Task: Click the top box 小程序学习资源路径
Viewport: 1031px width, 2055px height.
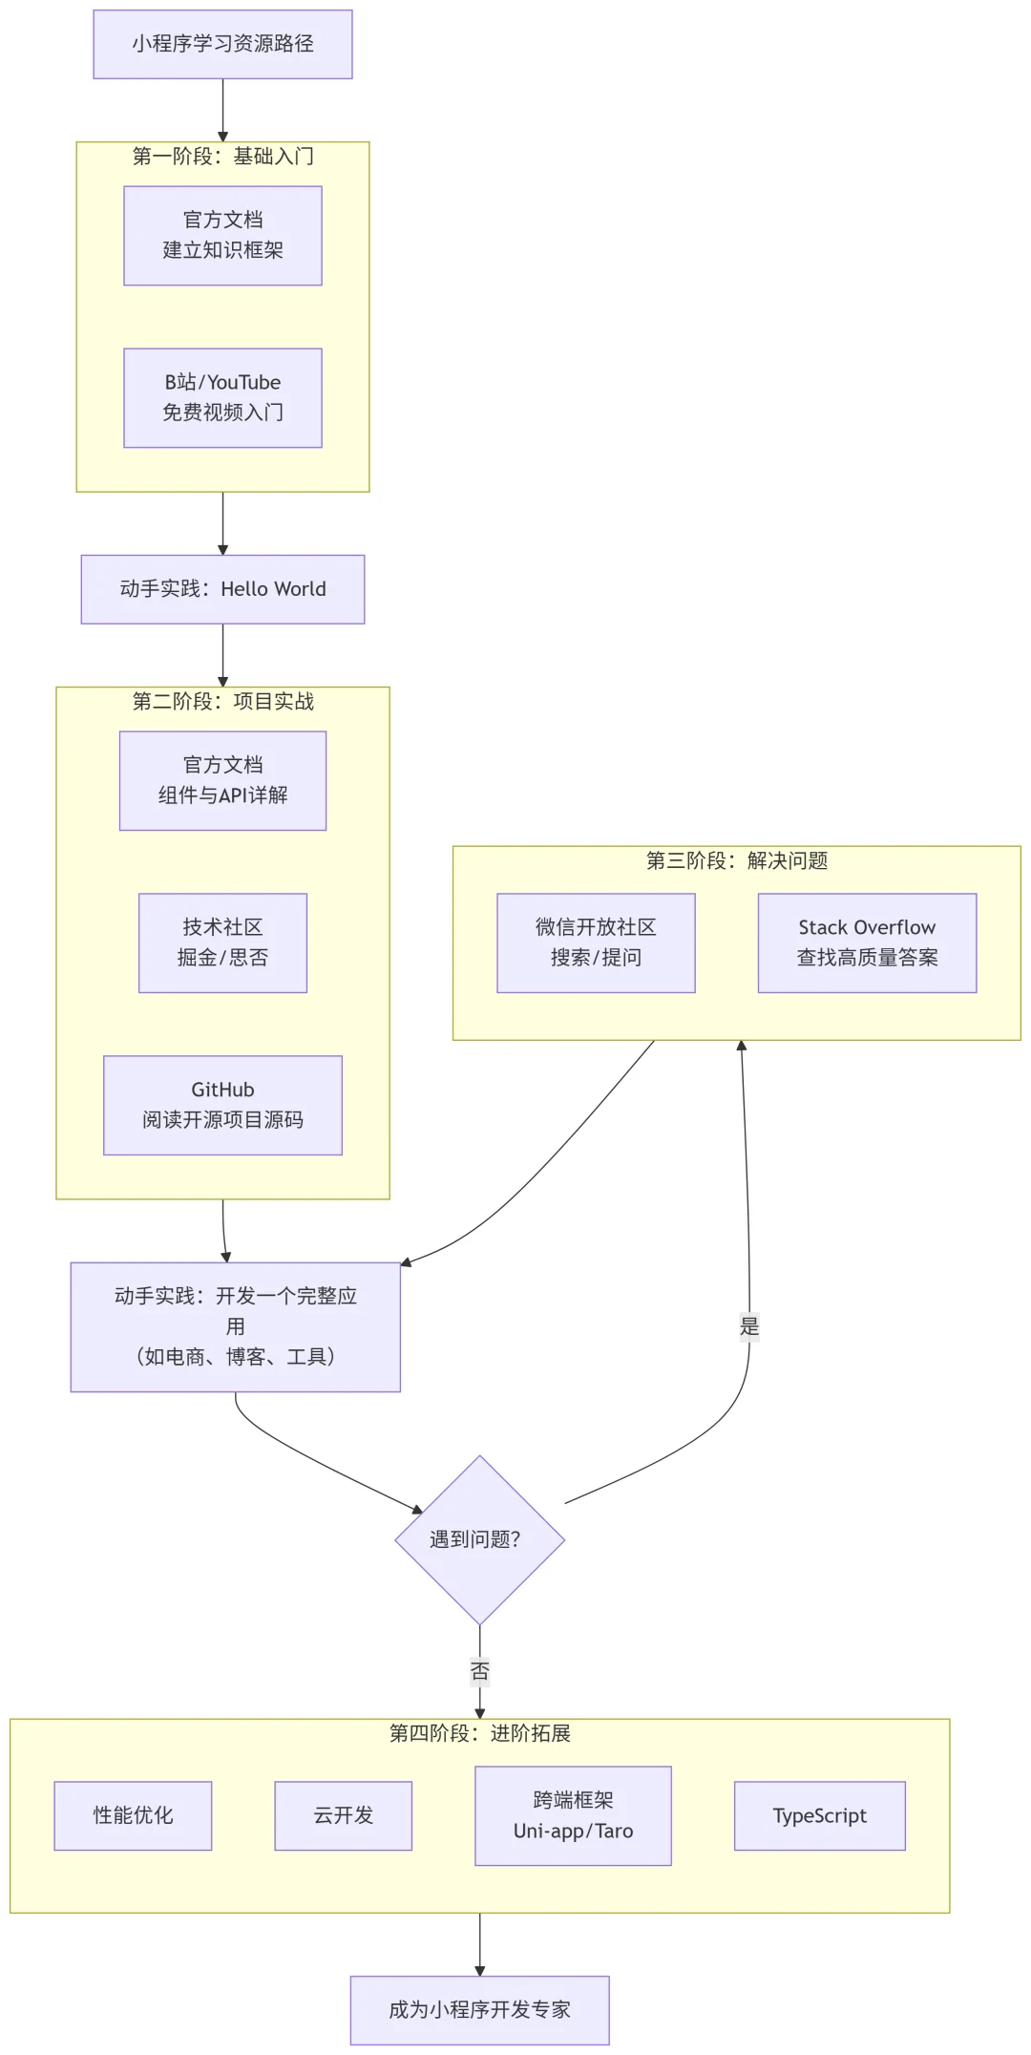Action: tap(222, 44)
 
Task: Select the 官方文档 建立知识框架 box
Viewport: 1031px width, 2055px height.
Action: tap(222, 235)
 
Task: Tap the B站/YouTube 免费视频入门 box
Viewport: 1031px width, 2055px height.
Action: tap(222, 397)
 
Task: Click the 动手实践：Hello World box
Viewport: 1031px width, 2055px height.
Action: tap(222, 589)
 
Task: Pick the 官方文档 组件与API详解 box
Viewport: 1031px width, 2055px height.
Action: tap(222, 780)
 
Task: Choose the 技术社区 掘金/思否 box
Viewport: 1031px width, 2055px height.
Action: tap(222, 943)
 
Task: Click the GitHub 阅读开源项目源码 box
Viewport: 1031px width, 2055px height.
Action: tap(222, 1105)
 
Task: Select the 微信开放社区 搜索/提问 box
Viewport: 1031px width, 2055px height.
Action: tap(596, 943)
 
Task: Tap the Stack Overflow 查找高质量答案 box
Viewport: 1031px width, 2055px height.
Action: tap(867, 943)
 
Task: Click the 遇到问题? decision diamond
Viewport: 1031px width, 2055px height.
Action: tap(479, 1539)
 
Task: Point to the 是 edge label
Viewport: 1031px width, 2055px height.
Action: tap(749, 1326)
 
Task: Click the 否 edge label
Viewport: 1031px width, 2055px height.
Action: tap(479, 1671)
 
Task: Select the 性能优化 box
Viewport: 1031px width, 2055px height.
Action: tap(133, 1815)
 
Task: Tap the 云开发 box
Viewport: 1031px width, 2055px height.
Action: tap(343, 1815)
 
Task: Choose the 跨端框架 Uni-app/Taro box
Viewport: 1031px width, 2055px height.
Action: tap(573, 1815)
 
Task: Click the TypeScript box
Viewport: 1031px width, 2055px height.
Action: tap(819, 1815)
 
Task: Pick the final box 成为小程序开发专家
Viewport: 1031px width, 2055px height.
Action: tap(479, 2010)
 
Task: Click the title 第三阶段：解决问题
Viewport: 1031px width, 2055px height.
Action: tap(736, 861)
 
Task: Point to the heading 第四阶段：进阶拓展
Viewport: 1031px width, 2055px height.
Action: tap(479, 1733)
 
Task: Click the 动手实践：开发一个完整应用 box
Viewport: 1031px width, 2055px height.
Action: tap(235, 1326)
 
